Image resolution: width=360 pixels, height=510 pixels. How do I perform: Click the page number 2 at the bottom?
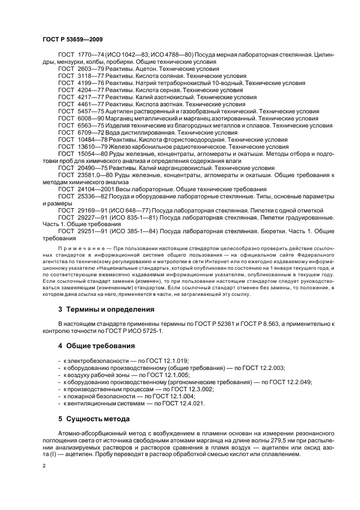tap(44, 467)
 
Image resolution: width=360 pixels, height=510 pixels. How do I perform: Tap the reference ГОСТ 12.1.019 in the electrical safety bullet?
tap(158, 361)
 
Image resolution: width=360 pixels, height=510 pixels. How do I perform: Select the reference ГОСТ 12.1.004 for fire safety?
tap(172, 396)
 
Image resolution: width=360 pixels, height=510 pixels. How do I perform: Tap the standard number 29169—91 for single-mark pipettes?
tap(90, 210)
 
